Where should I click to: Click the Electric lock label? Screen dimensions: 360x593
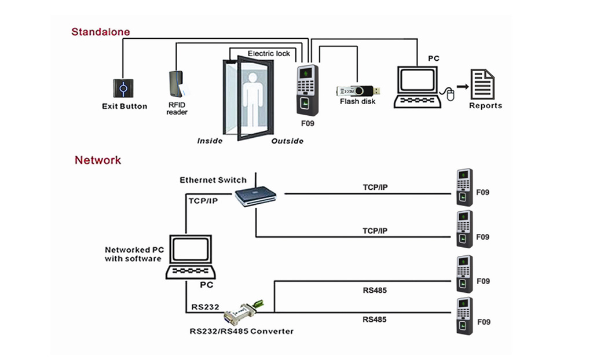pos(269,54)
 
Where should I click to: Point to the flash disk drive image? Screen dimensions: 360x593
pos(358,91)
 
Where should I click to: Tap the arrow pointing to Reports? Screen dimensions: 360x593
pos(462,86)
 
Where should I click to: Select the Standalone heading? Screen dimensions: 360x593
pos(100,32)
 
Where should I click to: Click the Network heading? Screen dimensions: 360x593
pos(97,160)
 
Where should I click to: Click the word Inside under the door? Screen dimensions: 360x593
pos(210,141)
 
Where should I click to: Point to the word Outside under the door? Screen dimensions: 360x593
pos(287,141)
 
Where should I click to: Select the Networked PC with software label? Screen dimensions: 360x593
pos(134,254)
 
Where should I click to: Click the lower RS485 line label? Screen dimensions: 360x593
pos(375,319)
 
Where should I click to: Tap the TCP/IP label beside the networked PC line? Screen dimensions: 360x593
pos(203,200)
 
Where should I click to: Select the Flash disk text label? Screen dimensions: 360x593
pos(358,102)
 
